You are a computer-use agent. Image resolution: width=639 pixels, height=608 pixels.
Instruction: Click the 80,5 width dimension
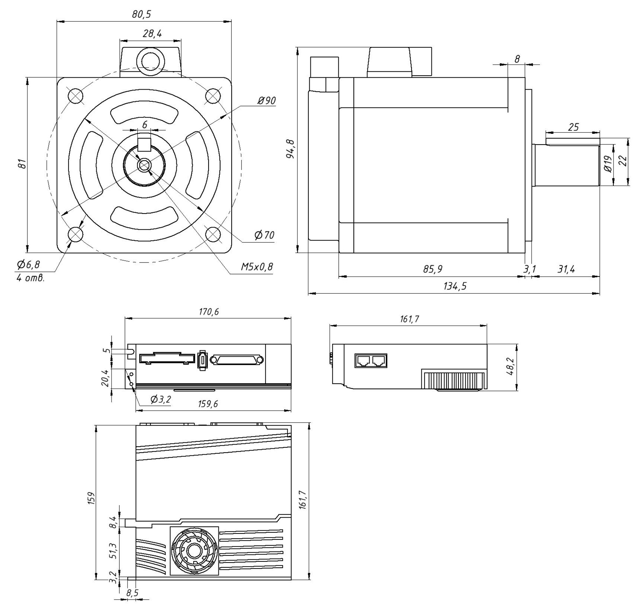(141, 15)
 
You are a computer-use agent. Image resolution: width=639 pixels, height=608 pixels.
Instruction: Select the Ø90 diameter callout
(266, 101)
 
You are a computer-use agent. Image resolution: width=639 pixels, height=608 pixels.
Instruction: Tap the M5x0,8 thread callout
(257, 267)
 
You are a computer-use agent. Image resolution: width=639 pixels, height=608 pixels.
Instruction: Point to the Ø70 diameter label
(264, 235)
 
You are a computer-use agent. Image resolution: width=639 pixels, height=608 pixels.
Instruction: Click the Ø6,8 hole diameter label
(28, 265)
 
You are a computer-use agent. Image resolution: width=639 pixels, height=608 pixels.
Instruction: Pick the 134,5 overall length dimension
(455, 287)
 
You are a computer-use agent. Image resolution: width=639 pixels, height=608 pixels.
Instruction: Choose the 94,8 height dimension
(290, 149)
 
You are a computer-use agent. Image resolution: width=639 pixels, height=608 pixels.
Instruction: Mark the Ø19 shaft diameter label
(608, 164)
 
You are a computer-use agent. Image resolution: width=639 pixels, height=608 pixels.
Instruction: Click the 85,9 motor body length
(433, 269)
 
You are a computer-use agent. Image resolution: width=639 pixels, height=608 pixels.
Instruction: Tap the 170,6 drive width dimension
(209, 312)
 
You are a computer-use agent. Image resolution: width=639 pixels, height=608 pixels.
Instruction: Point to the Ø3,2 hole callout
(161, 399)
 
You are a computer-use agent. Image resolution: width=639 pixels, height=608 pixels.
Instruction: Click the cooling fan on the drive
(194, 551)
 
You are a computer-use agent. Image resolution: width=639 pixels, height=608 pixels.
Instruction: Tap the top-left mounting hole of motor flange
(75, 96)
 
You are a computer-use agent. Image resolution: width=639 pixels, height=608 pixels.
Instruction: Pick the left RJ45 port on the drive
(363, 360)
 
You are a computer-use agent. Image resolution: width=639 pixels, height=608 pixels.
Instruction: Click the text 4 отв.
(30, 278)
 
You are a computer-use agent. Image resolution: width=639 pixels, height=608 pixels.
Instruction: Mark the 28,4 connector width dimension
(152, 34)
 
